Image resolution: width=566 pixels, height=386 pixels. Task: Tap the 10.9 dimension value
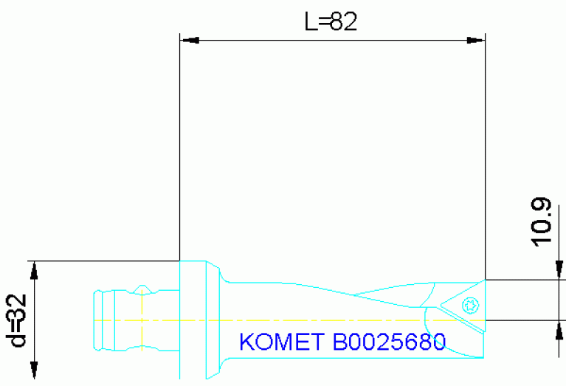pyautogui.click(x=541, y=222)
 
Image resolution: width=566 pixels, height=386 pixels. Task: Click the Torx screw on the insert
pyautogui.click(x=470, y=304)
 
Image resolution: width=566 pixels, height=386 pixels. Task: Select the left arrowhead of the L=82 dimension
pyautogui.click(x=188, y=40)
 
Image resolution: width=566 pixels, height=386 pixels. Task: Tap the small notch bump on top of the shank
pyautogui.click(x=144, y=286)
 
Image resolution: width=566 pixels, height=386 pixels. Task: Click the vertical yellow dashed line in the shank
pyautogui.click(x=140, y=320)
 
